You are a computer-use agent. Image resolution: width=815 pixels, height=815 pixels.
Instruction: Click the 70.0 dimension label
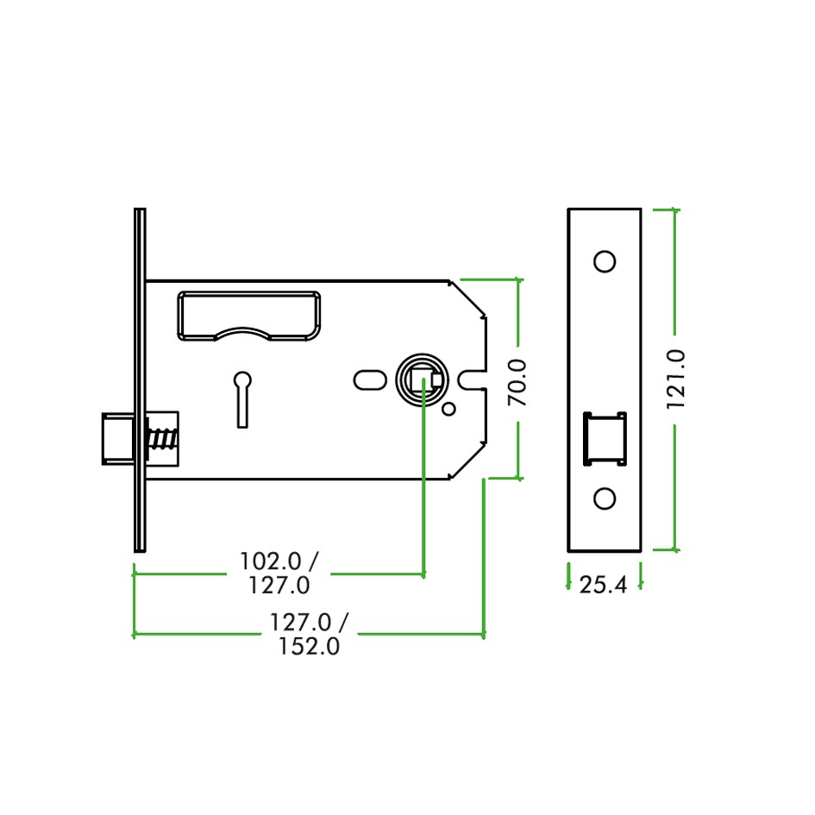517,382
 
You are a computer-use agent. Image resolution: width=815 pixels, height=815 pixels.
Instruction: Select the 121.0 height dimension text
675,378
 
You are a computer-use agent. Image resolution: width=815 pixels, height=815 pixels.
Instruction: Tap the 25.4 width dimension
603,586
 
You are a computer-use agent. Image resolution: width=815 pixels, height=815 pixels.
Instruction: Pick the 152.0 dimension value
309,647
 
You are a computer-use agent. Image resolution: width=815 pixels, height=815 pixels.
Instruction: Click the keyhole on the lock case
242,398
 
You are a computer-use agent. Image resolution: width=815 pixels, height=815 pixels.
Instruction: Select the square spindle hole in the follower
424,379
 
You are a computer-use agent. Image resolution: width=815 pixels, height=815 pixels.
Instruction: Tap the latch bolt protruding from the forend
116,439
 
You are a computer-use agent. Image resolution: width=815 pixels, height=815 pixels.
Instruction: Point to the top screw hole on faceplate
605,261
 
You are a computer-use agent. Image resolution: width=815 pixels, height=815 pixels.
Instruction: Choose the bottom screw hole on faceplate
605,498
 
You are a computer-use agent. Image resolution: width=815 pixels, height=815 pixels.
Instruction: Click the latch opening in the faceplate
605,439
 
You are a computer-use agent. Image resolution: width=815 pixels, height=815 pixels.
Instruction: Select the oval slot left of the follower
370,379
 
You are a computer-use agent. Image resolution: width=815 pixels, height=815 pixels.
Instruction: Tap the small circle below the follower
448,409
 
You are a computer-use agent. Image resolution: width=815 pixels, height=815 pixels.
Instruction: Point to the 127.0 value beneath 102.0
279,586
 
